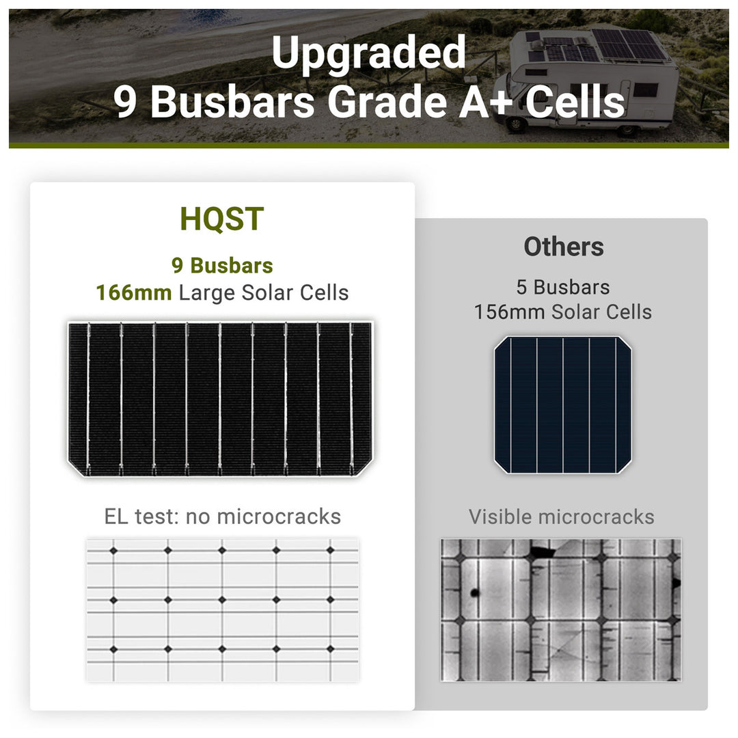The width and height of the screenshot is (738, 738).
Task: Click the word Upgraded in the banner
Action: [x=368, y=54]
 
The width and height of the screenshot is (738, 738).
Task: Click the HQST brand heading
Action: [x=221, y=218]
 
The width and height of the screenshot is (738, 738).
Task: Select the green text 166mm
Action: [x=133, y=292]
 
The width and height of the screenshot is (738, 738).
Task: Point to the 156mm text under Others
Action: [x=509, y=312]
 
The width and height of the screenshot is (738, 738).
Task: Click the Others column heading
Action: [x=564, y=247]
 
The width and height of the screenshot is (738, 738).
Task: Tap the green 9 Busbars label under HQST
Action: [x=222, y=266]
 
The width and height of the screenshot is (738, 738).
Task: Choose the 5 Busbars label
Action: [x=563, y=287]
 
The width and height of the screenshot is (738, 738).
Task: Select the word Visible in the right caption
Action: [x=500, y=517]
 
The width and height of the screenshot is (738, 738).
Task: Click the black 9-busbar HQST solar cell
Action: [x=220, y=398]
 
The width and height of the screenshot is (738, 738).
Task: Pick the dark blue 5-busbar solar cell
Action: [x=562, y=405]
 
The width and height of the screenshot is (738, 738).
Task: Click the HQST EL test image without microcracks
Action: [x=222, y=609]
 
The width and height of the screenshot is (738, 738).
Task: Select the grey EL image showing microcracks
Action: [x=560, y=610]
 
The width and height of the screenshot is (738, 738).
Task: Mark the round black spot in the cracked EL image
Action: [x=474, y=592]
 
